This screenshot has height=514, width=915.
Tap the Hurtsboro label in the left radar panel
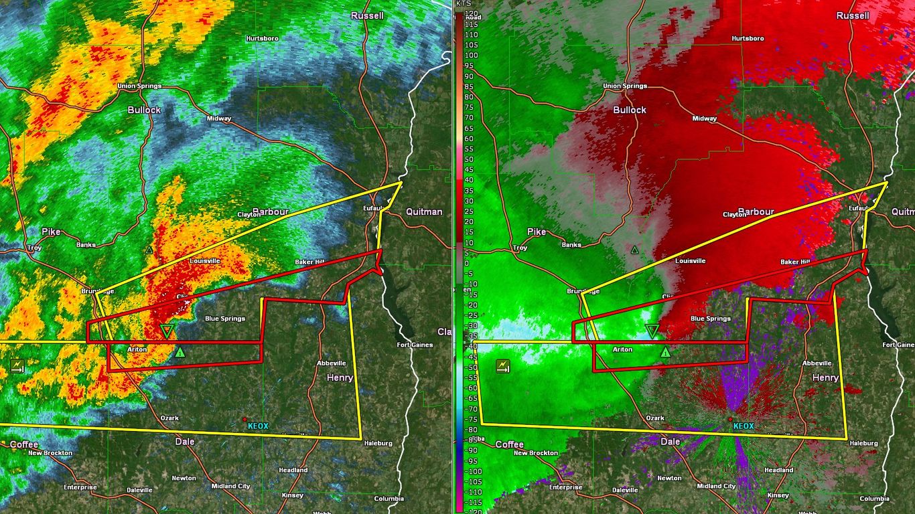tap(261, 38)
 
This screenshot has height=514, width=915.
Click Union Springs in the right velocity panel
tap(624, 86)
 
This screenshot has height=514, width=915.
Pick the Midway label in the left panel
tap(219, 118)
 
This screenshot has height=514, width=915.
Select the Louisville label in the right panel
tap(690, 261)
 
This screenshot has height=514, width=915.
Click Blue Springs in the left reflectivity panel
tap(224, 319)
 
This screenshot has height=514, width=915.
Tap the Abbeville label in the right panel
tap(817, 363)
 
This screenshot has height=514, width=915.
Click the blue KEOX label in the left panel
tap(258, 426)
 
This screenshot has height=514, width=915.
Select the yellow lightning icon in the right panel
tap(502, 365)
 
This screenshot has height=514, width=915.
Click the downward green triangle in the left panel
tap(166, 331)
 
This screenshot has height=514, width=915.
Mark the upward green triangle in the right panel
tap(665, 351)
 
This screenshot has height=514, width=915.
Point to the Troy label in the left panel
tap(34, 248)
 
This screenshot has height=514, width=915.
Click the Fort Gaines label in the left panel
tap(415, 345)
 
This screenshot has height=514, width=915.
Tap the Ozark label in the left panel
tap(169, 418)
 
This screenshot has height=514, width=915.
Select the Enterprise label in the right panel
tap(565, 487)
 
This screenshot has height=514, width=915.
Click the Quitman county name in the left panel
tap(424, 211)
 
